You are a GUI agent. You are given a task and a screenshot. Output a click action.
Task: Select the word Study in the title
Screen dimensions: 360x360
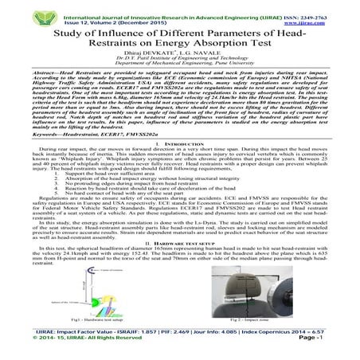(72, 33)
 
